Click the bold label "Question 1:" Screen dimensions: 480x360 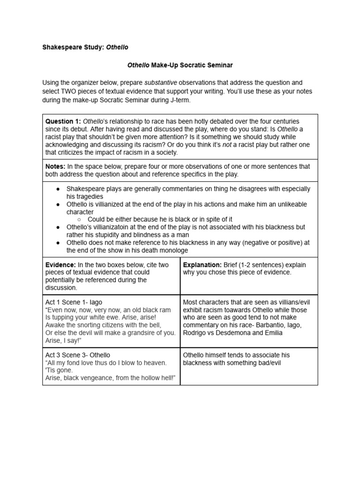click(63, 121)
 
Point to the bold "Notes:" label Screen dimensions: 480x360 click(55, 166)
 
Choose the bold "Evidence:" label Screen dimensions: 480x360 click(61, 265)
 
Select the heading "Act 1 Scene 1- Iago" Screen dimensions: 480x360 click(74, 302)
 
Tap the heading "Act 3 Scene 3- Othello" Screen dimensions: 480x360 click(78, 355)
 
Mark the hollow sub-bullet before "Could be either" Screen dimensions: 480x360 click(80, 219)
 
